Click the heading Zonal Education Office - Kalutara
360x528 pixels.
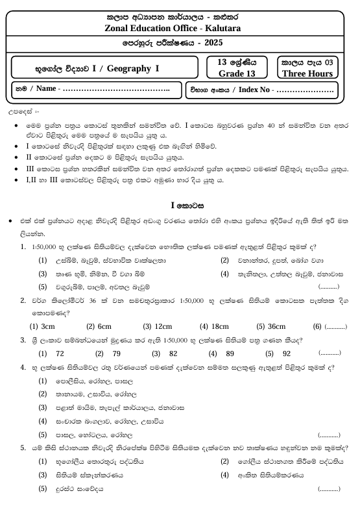180,29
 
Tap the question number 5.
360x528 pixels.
23,448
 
